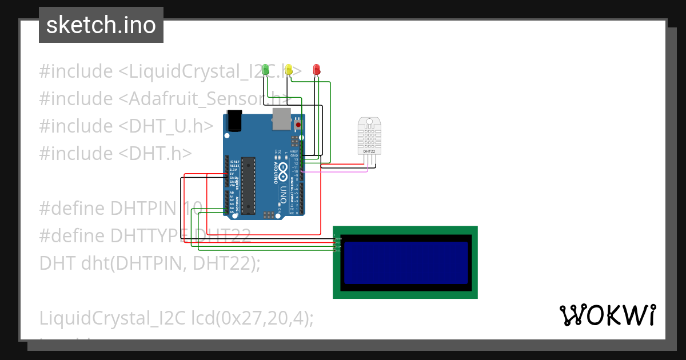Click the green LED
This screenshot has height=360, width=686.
point(265,70)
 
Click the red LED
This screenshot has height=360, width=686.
point(317,69)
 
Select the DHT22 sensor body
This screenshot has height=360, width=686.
point(369,136)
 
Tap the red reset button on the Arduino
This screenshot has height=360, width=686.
point(298,125)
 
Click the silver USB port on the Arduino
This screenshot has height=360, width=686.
point(281,118)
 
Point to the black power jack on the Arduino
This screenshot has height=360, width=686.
point(235,121)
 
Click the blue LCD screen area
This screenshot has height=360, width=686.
point(405,262)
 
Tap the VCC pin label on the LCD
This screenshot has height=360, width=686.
point(338,242)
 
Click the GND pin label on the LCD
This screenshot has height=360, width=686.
point(338,238)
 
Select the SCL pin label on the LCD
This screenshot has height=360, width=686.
point(338,250)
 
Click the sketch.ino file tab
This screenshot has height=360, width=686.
point(101,25)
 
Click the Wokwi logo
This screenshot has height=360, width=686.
point(607,315)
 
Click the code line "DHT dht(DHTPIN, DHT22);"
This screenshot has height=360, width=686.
point(150,263)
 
